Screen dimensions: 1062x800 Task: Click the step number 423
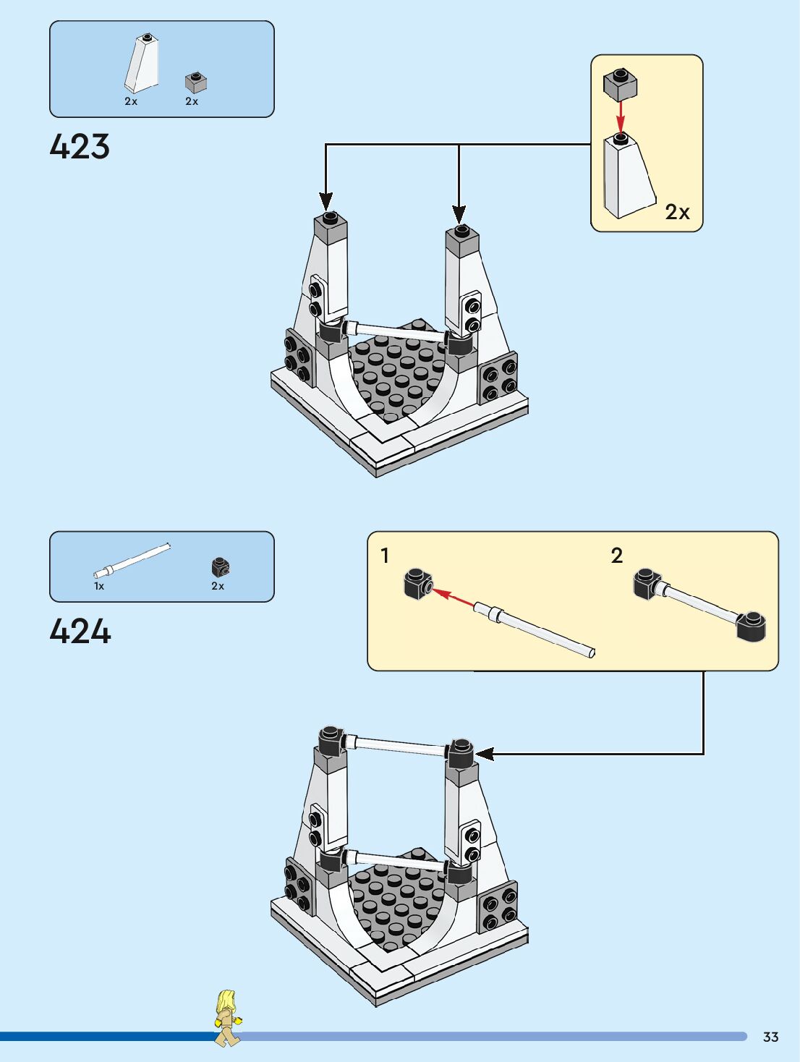tap(80, 146)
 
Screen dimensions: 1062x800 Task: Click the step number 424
tap(80, 631)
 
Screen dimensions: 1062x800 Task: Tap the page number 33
tap(770, 1037)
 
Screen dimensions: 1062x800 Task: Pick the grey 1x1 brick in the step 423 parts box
tap(195, 82)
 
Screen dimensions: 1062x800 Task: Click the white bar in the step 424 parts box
tap(132, 561)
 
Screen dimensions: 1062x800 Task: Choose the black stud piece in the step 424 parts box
tap(221, 567)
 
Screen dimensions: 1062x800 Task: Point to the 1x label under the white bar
tap(99, 586)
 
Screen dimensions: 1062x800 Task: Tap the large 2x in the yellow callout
tap(677, 212)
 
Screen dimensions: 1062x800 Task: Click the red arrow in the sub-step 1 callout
tap(454, 598)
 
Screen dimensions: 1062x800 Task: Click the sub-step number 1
tap(385, 556)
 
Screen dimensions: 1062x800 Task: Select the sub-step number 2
tap(616, 556)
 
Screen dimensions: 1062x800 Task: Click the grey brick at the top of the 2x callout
tap(620, 85)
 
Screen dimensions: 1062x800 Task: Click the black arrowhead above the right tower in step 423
tap(459, 213)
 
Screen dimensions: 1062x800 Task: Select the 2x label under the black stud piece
tap(218, 586)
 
